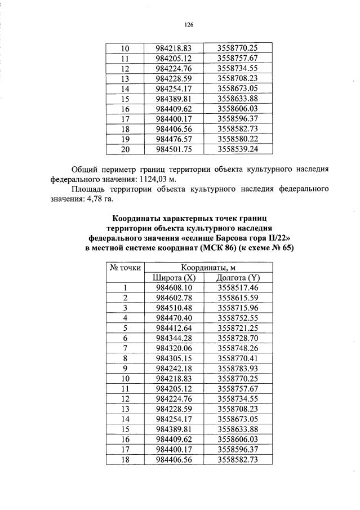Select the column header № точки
pyautogui.click(x=125, y=268)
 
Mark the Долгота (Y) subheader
pyautogui.click(x=237, y=278)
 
